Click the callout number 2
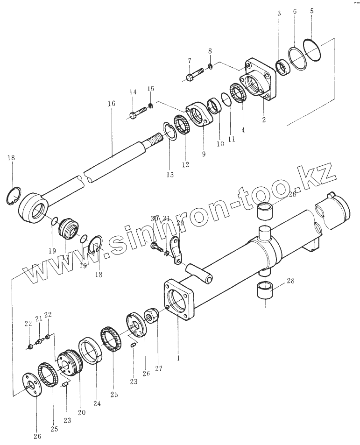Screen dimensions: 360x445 coord(264,120)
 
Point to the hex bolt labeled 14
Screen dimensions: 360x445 coord(139,113)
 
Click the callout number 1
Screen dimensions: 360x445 coord(178,358)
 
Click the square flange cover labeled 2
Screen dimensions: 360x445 coord(257,82)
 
